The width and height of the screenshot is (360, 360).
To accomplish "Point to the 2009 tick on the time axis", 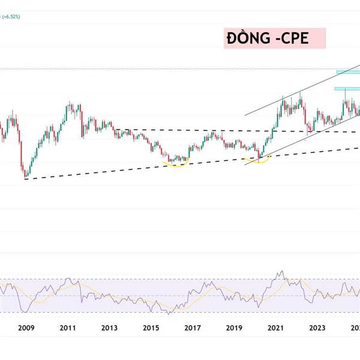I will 26,328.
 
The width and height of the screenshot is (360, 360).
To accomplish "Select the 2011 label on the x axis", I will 67,328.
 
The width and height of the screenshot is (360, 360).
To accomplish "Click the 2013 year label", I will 109,328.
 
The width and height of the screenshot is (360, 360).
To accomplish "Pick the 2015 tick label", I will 151,328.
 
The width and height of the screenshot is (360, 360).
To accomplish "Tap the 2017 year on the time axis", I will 192,328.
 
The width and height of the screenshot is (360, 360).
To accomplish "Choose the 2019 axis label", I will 233,328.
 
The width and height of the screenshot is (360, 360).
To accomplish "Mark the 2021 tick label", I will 275,328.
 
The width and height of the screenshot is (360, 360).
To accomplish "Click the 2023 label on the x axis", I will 317,328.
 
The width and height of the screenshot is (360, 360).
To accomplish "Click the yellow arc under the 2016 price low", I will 176,164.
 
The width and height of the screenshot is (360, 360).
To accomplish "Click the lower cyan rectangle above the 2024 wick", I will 347,89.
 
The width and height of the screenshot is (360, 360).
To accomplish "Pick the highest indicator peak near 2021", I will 280,272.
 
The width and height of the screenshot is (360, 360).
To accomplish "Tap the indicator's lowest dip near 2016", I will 170,313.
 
